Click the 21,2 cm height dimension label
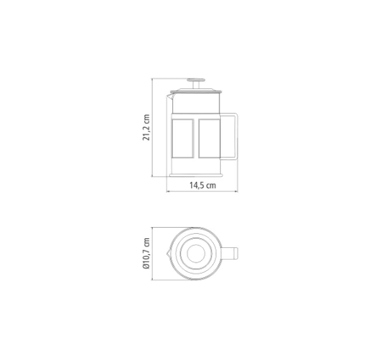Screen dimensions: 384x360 point(146,127)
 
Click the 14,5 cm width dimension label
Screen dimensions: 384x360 point(203,185)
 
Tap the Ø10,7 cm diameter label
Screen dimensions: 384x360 point(146,253)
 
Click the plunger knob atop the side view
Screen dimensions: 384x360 point(196,80)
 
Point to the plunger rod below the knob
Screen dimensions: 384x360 point(196,85)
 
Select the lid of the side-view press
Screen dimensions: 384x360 point(196,91)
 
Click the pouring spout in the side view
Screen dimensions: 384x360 point(170,96)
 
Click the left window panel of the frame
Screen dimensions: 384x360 point(183,139)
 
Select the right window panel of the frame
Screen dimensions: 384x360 point(209,139)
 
